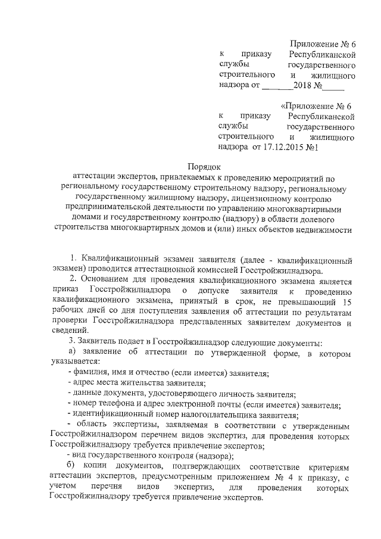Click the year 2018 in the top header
(308, 85)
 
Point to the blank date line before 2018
(278, 86)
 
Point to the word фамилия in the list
(91, 373)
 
